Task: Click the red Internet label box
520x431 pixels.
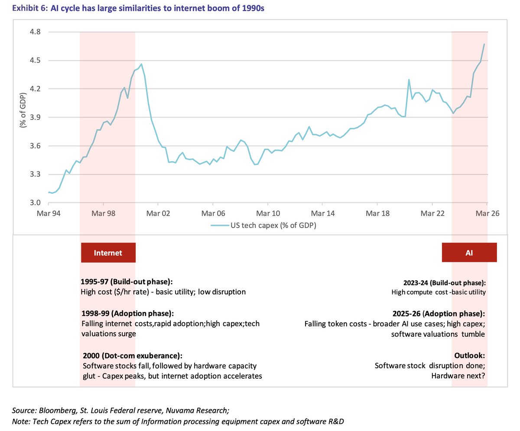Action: [x=108, y=253]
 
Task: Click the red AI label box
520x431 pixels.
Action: [x=469, y=253]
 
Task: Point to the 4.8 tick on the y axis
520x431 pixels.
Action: [x=35, y=32]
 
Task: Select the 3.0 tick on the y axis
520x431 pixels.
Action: [x=35, y=203]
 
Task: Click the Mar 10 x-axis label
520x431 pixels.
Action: [x=267, y=213]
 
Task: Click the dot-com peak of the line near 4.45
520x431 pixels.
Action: [x=142, y=64]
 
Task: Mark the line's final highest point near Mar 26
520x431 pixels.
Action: [x=484, y=44]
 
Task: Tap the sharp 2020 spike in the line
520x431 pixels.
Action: [x=409, y=80]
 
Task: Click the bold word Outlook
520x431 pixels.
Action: [x=469, y=356]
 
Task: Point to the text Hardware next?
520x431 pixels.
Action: [x=458, y=376]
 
